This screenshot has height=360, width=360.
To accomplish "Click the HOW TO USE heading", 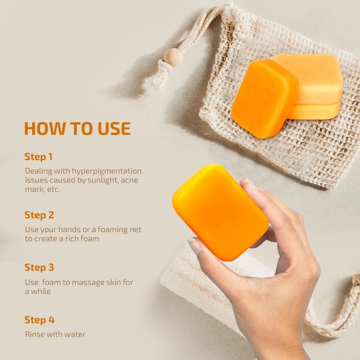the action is [77, 128].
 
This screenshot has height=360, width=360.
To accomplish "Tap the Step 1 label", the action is [39, 157].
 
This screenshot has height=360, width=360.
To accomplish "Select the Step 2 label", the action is [39, 215].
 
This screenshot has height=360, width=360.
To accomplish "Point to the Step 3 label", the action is [39, 267].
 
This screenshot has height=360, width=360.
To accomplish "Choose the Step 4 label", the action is [40, 320].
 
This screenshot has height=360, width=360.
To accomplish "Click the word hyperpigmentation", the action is [107, 171].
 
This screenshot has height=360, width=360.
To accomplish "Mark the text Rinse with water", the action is [55, 334].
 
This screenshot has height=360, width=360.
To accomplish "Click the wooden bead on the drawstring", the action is [173, 57].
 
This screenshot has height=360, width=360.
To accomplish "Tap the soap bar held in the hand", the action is [220, 212].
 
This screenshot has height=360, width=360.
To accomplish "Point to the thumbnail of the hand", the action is [194, 245].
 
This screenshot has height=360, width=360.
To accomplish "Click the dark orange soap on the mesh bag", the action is [265, 99].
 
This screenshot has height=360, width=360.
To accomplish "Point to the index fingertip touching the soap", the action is [246, 183].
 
